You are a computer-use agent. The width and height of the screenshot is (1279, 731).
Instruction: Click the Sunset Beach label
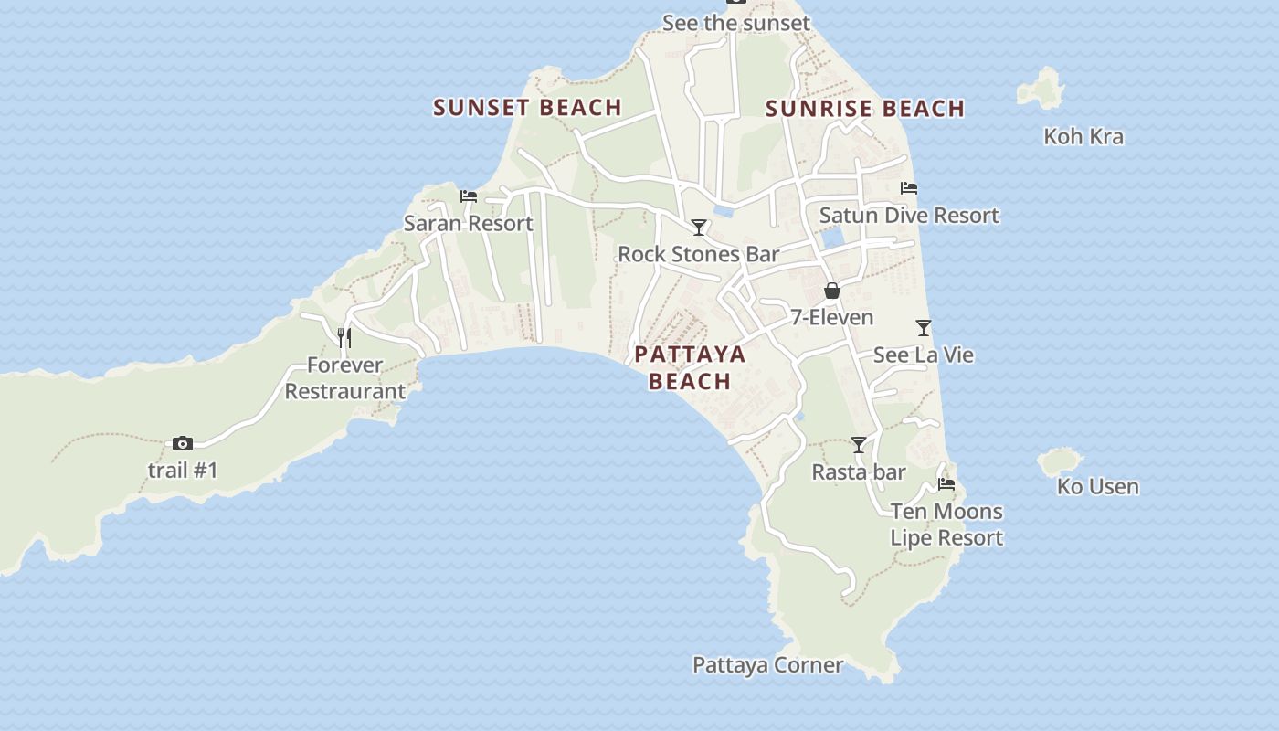527,107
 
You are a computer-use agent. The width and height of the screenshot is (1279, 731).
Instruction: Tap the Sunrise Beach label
864,109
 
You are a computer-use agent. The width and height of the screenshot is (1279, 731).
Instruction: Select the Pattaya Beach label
690,367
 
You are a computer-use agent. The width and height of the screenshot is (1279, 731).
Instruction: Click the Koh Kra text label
1083,137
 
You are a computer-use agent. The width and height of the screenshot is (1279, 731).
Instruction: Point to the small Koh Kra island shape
1042,89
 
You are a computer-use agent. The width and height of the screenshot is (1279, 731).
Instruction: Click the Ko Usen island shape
1060,461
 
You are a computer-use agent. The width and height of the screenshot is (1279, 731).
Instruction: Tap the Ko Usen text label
1097,487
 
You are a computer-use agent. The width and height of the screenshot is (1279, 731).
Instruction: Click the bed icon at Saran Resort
469,196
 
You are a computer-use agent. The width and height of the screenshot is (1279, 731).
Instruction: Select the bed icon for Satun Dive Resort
908,188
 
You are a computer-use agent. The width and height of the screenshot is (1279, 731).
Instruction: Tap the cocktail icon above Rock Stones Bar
699,227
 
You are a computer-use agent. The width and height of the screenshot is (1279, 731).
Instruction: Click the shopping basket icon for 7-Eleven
831,291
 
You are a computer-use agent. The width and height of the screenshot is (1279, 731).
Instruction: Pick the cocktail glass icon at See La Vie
924,327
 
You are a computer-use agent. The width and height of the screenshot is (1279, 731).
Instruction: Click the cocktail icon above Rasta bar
859,445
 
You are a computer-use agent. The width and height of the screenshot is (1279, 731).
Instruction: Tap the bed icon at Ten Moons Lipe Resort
946,484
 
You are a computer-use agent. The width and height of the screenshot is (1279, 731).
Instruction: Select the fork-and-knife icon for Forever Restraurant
344,337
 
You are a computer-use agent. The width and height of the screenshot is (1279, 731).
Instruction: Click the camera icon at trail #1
183,443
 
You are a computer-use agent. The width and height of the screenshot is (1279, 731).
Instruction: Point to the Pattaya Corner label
767,665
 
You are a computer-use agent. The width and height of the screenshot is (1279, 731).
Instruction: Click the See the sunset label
735,23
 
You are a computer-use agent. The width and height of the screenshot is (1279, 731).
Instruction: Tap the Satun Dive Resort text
909,216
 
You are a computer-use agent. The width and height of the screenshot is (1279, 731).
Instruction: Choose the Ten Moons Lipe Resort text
946,524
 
